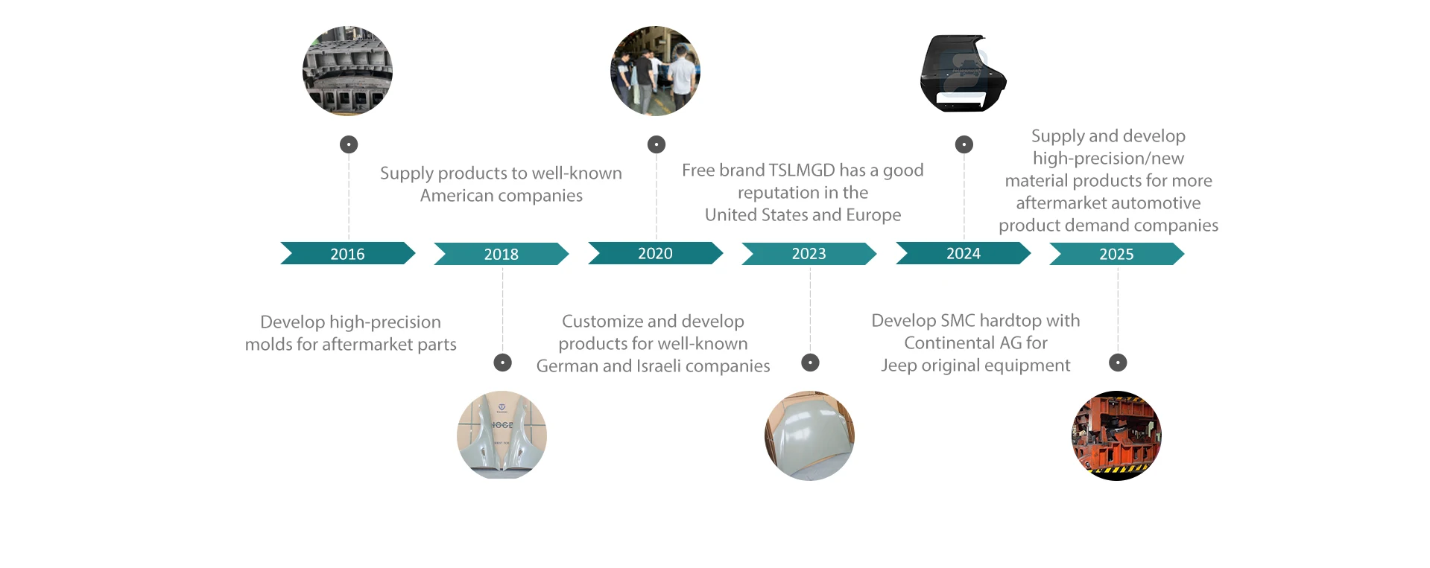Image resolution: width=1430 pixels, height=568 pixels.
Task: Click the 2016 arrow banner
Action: tap(347, 253)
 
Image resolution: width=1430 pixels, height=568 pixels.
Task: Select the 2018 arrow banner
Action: tap(501, 254)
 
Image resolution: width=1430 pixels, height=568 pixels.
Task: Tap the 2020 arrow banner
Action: tap(655, 253)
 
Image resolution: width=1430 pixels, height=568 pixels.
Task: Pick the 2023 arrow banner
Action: tap(809, 254)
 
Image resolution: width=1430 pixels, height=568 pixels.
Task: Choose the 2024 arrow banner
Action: tap(963, 253)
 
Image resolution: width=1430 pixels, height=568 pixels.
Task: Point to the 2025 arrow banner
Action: tap(1116, 254)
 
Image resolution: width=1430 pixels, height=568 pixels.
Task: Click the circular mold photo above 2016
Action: tap(347, 71)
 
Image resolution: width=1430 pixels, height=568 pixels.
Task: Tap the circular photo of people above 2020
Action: tap(655, 71)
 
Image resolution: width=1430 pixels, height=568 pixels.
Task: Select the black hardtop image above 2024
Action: tap(963, 73)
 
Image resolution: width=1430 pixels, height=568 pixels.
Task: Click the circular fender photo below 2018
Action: tap(502, 435)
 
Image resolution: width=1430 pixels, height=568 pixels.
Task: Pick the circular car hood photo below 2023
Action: tap(809, 435)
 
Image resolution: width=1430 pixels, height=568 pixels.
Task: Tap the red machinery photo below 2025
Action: tap(1116, 435)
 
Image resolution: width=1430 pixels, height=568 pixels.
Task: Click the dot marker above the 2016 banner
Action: tap(349, 144)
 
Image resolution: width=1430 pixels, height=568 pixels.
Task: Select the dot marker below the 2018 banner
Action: tap(503, 363)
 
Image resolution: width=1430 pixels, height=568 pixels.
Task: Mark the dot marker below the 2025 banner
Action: tap(1118, 363)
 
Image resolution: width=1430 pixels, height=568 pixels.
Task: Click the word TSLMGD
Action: tap(803, 170)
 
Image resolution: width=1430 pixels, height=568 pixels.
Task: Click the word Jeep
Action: tap(898, 366)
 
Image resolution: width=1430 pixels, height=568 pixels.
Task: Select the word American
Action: tap(457, 196)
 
